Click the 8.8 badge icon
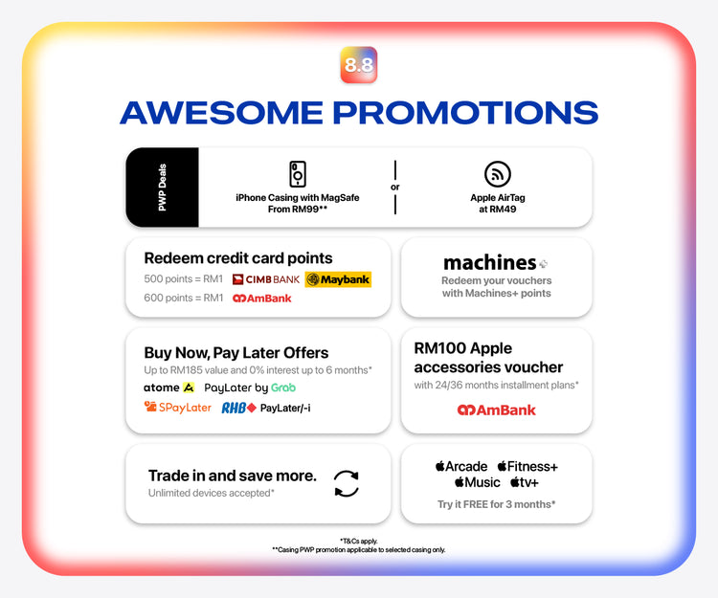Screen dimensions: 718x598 (x=359, y=64)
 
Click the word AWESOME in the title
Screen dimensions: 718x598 (x=222, y=113)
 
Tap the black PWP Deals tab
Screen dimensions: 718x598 (x=162, y=188)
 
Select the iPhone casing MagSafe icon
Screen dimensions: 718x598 (x=298, y=174)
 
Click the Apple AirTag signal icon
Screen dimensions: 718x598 (x=497, y=174)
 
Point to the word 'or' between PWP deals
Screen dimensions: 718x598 (x=395, y=188)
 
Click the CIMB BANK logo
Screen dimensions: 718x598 (x=265, y=279)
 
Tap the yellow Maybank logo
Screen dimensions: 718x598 (x=338, y=279)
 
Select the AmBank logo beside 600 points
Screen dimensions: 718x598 (x=262, y=299)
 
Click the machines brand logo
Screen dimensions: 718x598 (x=496, y=262)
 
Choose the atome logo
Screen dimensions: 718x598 (x=168, y=388)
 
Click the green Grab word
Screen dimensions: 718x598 (x=283, y=388)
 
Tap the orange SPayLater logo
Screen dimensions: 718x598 (x=178, y=408)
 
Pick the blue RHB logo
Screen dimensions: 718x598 (x=238, y=408)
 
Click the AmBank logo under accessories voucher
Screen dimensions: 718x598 (x=496, y=410)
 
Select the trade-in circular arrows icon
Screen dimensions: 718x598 (x=347, y=483)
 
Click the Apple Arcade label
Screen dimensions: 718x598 (x=461, y=466)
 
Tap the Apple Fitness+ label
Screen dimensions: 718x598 (x=527, y=466)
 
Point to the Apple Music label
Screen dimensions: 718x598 (x=477, y=482)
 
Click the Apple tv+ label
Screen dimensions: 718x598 (x=525, y=482)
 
